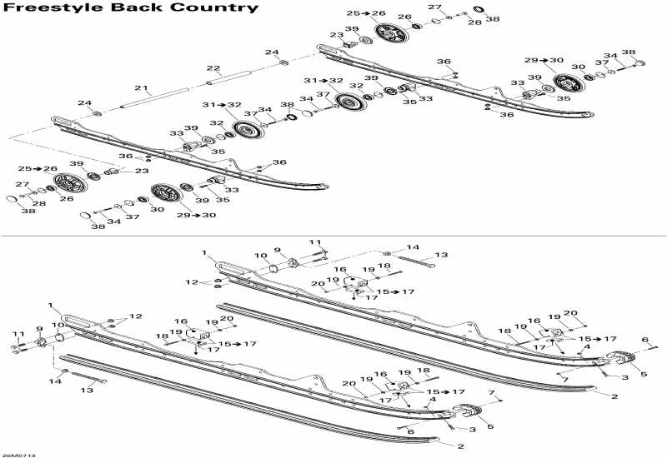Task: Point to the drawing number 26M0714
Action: point(18,454)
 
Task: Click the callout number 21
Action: point(141,87)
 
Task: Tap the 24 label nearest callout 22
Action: point(272,52)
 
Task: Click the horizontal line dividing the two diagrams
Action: point(333,236)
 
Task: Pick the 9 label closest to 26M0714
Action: point(39,329)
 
